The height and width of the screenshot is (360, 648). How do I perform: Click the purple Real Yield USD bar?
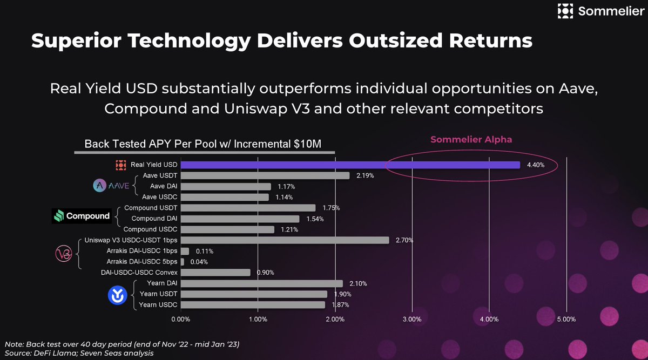[x=350, y=165]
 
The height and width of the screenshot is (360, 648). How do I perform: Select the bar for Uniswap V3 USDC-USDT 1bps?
[x=285, y=240]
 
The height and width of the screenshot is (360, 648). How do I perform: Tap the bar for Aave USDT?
[x=265, y=175]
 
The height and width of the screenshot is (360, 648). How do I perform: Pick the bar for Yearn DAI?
[x=261, y=283]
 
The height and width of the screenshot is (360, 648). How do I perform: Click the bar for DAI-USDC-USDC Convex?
[x=215, y=273]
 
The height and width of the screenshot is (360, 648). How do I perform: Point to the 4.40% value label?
[x=535, y=165]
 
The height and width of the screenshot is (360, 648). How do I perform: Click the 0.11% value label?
[x=203, y=252]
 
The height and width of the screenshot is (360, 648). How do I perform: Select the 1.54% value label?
[x=314, y=219]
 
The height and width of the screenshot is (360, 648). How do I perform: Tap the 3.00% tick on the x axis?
[x=412, y=320]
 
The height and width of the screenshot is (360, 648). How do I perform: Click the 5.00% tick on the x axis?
[x=566, y=320]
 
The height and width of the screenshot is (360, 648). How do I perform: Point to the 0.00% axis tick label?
[x=180, y=320]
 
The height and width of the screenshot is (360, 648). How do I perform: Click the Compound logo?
[x=82, y=216]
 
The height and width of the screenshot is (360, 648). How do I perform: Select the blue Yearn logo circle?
[x=117, y=295]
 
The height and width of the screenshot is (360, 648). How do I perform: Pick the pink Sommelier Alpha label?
[x=471, y=140]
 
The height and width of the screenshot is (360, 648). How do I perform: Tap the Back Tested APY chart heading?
[x=204, y=144]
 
